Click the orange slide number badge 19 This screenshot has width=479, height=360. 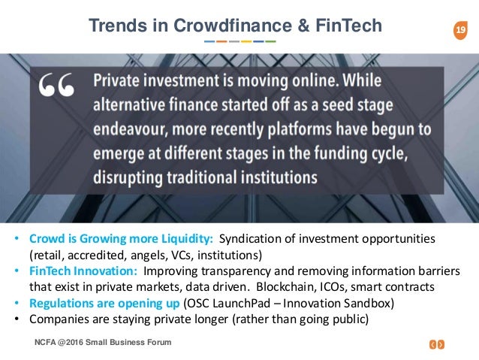pyautogui.click(x=460, y=30)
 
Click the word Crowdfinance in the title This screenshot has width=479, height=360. pyautogui.click(x=233, y=26)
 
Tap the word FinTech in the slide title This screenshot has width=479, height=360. pyautogui.click(x=348, y=26)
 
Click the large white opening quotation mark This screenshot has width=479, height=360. pyautogui.click(x=56, y=85)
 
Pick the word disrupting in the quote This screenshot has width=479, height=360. pyautogui.click(x=128, y=178)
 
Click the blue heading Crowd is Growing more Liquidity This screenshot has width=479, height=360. pyautogui.click(x=121, y=239)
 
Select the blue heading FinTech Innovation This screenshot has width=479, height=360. pyautogui.click(x=83, y=271)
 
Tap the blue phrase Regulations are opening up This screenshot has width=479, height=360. pyautogui.click(x=104, y=304)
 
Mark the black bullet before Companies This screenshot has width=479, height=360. pyautogui.click(x=17, y=319)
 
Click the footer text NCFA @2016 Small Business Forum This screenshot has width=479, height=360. pyautogui.click(x=103, y=342)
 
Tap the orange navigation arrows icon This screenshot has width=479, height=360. pyautogui.click(x=437, y=344)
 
